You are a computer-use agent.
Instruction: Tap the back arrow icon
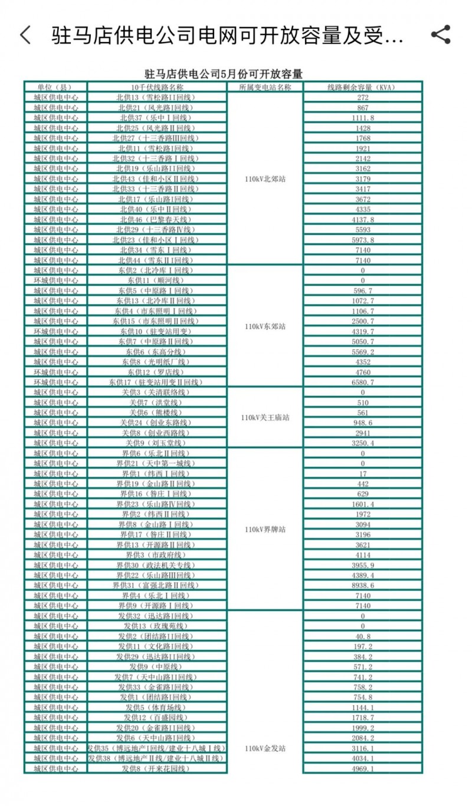[25, 35]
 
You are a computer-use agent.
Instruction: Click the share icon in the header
[441, 35]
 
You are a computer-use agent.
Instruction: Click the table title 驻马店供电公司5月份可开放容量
[224, 74]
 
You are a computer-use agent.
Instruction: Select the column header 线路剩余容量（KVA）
[362, 87]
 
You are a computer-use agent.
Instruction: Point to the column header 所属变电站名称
[265, 87]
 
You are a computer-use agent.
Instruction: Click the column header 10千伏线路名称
[156, 87]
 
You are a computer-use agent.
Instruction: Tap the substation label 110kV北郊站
[265, 179]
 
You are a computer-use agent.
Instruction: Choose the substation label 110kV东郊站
[265, 326]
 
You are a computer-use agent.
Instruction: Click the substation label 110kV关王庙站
[265, 418]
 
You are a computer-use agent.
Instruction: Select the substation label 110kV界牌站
[265, 530]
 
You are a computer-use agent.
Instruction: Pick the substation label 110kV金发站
[265, 748]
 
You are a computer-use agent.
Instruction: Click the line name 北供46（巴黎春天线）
[156, 219]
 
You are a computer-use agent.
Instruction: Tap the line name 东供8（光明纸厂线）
[156, 362]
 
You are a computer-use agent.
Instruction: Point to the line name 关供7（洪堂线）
[156, 402]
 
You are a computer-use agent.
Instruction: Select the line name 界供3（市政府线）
[156, 555]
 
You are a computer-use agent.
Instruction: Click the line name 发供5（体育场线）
[156, 708]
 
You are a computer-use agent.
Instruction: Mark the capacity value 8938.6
[362, 586]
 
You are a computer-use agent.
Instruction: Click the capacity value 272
[362, 97]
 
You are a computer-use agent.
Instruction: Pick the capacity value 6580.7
[362, 382]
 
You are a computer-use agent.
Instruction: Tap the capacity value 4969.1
[362, 768]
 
